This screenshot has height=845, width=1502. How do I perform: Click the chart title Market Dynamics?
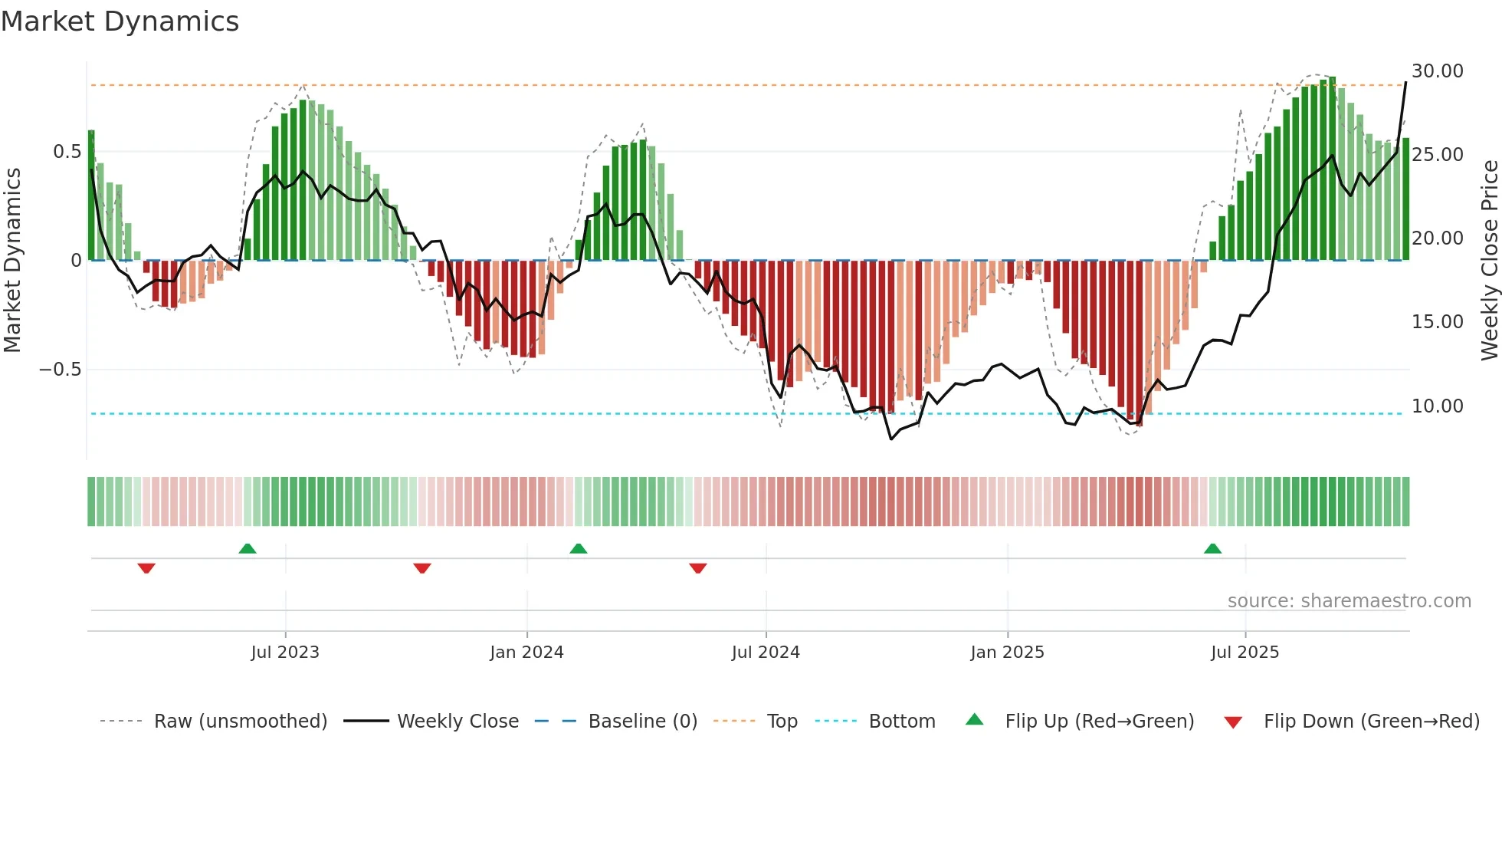point(120,21)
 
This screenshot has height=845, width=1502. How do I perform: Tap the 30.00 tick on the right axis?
point(1438,71)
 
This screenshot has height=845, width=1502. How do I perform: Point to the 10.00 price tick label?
point(1438,406)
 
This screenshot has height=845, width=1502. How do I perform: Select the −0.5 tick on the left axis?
point(60,370)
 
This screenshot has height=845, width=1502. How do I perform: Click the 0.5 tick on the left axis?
point(67,152)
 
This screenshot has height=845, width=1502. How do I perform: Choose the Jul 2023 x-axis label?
point(285,653)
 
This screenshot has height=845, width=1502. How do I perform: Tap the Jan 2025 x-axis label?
point(1007,653)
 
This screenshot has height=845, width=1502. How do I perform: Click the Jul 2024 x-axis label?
point(766,653)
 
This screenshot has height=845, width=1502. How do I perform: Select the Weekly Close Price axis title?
point(1489,260)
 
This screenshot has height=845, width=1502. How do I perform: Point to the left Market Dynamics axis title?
point(12,260)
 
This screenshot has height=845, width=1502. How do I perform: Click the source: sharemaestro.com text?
point(1349,601)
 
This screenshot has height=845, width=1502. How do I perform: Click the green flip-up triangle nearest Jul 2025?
point(1212,549)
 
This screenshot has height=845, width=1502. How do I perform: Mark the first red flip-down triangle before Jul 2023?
point(146,568)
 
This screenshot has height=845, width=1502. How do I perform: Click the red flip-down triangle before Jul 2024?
point(697,568)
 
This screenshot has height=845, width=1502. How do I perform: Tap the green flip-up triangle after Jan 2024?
point(579,549)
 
